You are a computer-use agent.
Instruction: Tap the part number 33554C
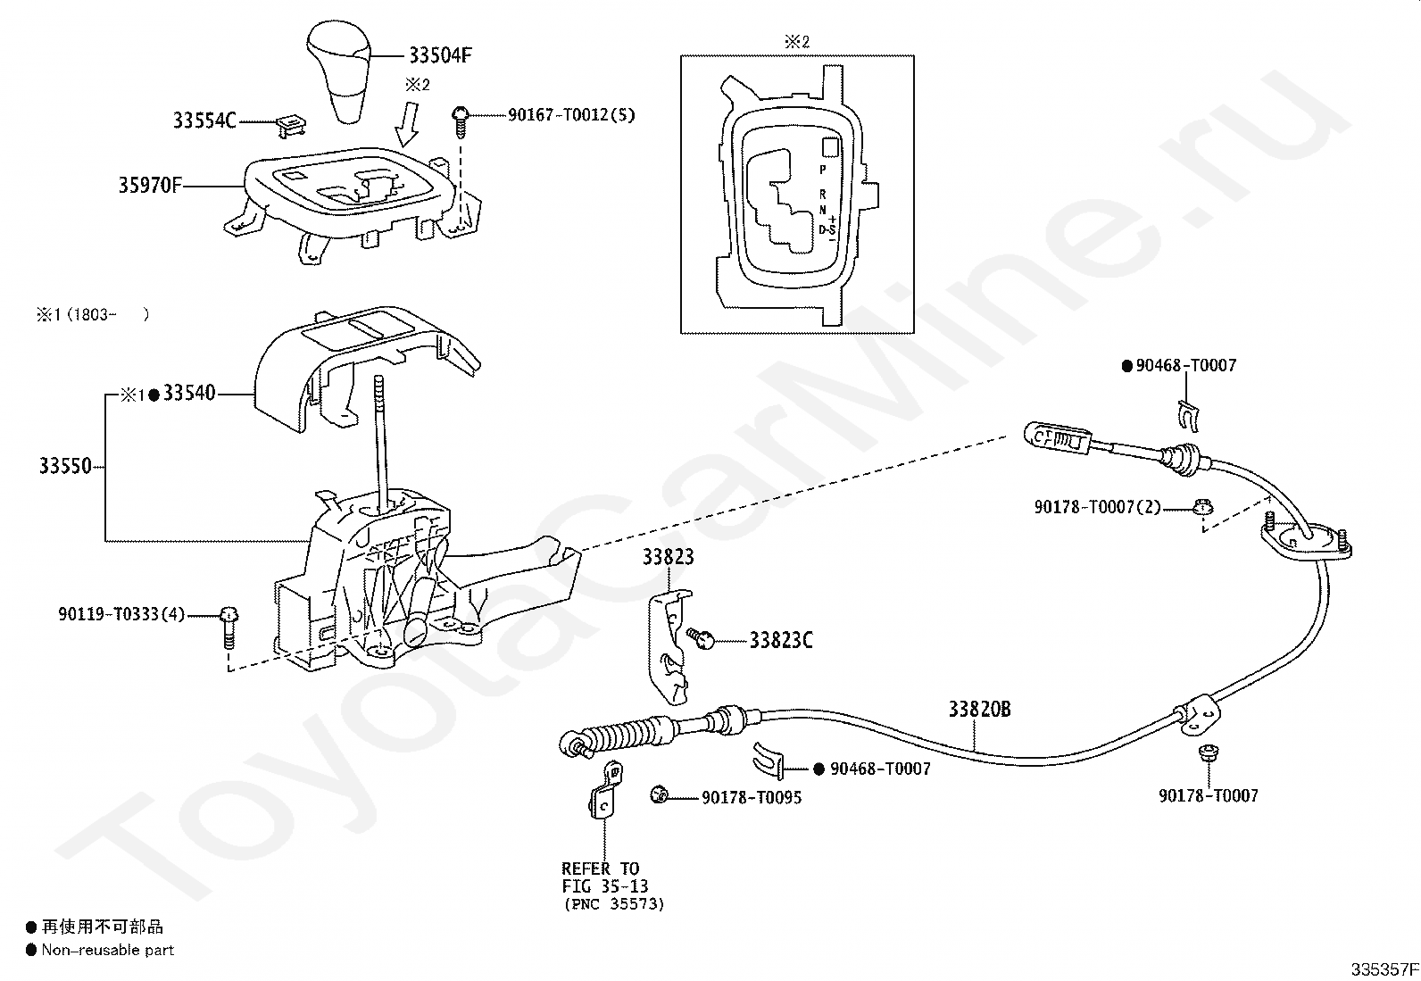[x=204, y=120]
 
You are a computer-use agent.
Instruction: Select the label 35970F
[x=150, y=186]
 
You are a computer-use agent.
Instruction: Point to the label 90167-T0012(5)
[x=571, y=115]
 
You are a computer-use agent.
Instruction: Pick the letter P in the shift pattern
[x=823, y=169]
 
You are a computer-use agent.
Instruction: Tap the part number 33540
[x=189, y=393]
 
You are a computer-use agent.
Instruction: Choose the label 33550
[x=64, y=466]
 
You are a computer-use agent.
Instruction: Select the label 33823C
[x=780, y=640]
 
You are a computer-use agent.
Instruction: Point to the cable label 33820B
[x=979, y=710]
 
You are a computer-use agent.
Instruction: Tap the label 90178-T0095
[x=751, y=797]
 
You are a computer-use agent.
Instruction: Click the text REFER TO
[x=600, y=869]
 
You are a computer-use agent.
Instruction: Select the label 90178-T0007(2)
[x=1097, y=507]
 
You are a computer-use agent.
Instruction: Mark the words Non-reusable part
[x=107, y=951]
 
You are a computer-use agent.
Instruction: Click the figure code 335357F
[x=1384, y=969]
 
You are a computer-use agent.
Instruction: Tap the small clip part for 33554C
[x=288, y=126]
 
